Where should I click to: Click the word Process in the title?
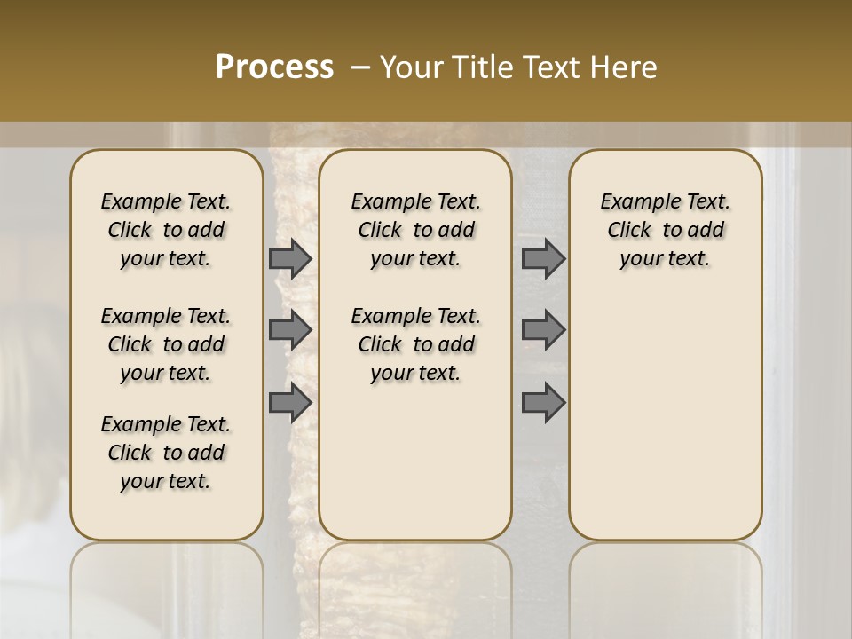pos(274,67)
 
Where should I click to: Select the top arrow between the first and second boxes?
pos(290,258)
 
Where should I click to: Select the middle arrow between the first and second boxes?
pos(290,330)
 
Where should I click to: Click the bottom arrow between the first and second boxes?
pos(290,402)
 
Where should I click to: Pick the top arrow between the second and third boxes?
pos(543,258)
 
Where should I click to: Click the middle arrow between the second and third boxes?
pos(543,330)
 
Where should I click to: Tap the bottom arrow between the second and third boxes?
pos(543,402)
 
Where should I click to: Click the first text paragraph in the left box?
pos(166,230)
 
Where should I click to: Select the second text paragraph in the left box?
pos(166,344)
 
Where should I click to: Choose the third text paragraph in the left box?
pos(166,453)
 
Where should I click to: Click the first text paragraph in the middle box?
pos(415,230)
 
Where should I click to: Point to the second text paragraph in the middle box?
pos(415,344)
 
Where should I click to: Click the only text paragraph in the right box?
pos(665,230)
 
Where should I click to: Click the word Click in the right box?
pos(629,231)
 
